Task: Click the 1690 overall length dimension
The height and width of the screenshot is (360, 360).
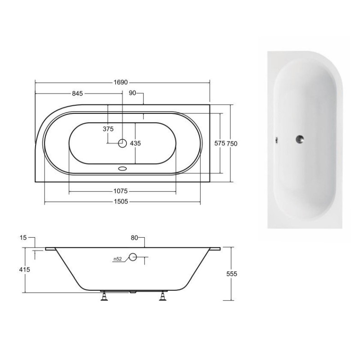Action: pyautogui.click(x=121, y=82)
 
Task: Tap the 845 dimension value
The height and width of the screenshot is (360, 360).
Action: pyautogui.click(x=77, y=94)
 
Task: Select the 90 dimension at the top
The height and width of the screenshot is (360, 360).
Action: pyautogui.click(x=132, y=93)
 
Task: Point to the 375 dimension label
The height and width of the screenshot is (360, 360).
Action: pyautogui.click(x=108, y=129)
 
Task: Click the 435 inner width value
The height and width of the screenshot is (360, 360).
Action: pyautogui.click(x=135, y=143)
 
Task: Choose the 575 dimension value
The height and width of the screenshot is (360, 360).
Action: pyautogui.click(x=220, y=143)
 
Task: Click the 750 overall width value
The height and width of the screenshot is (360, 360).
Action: pyautogui.click(x=232, y=144)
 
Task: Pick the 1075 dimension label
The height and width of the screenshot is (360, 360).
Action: pyautogui.click(x=121, y=191)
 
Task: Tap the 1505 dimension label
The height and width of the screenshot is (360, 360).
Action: pyautogui.click(x=121, y=202)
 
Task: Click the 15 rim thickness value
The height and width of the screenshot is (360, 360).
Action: pyautogui.click(x=23, y=238)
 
